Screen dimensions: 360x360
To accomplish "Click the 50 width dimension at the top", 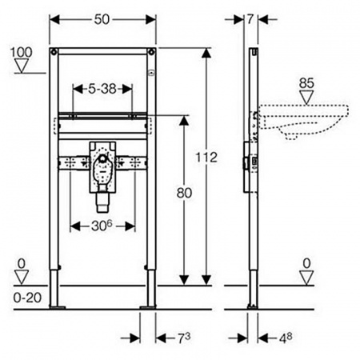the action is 102,19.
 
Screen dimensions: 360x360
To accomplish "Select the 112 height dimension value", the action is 206,158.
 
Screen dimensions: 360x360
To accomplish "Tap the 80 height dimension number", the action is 184,193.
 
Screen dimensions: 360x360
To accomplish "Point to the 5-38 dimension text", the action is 102,89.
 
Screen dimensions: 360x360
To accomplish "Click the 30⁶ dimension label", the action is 102,226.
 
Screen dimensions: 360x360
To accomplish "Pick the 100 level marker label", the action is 22,52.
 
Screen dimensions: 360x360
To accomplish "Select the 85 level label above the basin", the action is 306,83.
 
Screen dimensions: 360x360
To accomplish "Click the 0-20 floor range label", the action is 27,298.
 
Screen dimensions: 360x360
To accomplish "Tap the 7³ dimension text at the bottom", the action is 184,338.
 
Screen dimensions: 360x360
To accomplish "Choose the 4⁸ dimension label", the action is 286,338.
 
